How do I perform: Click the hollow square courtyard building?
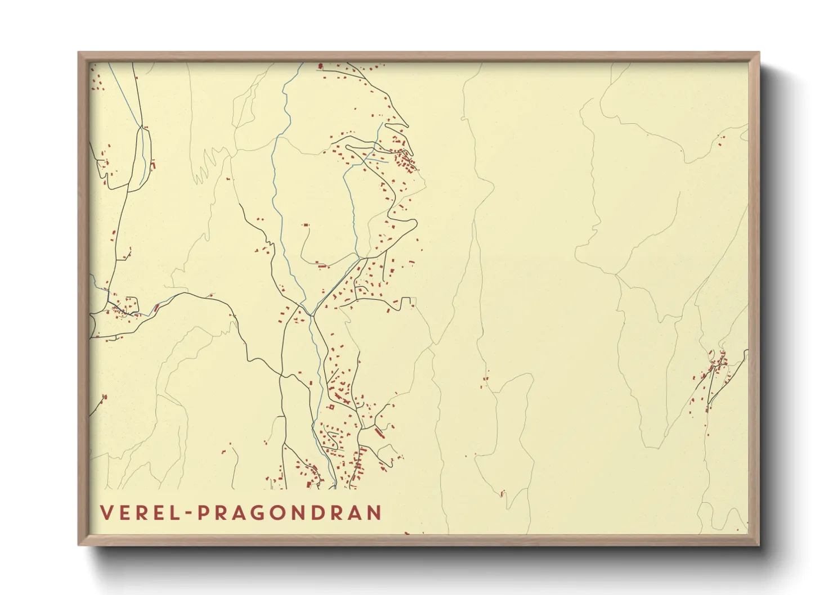coord(332,407)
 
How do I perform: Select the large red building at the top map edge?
coord(320,66)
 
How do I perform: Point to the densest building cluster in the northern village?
coord(404,160)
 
